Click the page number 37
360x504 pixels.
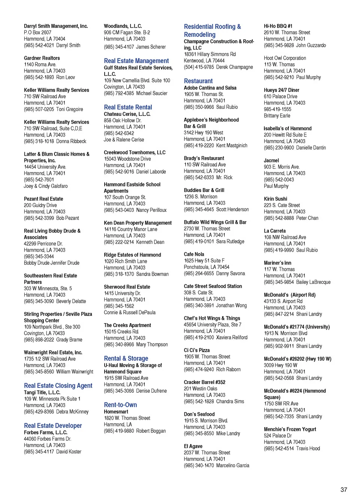point(343,489)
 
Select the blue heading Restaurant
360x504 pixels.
point(198,81)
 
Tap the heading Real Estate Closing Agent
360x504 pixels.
point(58,385)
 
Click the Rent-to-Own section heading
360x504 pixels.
point(120,405)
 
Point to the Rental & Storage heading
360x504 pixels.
point(126,358)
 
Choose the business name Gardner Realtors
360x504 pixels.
point(42,58)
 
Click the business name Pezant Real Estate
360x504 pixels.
point(43,199)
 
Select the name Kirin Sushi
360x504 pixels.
point(275,199)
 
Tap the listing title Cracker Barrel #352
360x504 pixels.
point(204,382)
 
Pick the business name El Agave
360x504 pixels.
point(193,446)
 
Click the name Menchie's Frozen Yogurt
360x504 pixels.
point(290,429)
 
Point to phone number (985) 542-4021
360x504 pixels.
point(39,45)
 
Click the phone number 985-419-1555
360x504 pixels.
point(277,109)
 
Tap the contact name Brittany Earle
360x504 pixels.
point(277,115)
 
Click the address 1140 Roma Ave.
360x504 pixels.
point(40,64)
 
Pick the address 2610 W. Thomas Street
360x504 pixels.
point(287,33)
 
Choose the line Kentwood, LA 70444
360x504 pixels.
point(204,61)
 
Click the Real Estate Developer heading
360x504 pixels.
point(53,426)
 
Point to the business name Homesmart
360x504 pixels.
point(116,412)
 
